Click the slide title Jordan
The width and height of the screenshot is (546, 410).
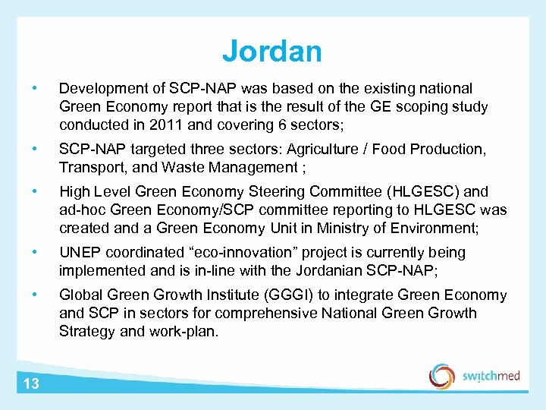[x=272, y=52]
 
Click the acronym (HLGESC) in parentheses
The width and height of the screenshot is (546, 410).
[x=422, y=191]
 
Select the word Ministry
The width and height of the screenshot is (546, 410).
[x=345, y=228]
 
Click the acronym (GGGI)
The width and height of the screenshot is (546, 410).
[x=279, y=295]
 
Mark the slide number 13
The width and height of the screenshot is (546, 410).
[x=30, y=383]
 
